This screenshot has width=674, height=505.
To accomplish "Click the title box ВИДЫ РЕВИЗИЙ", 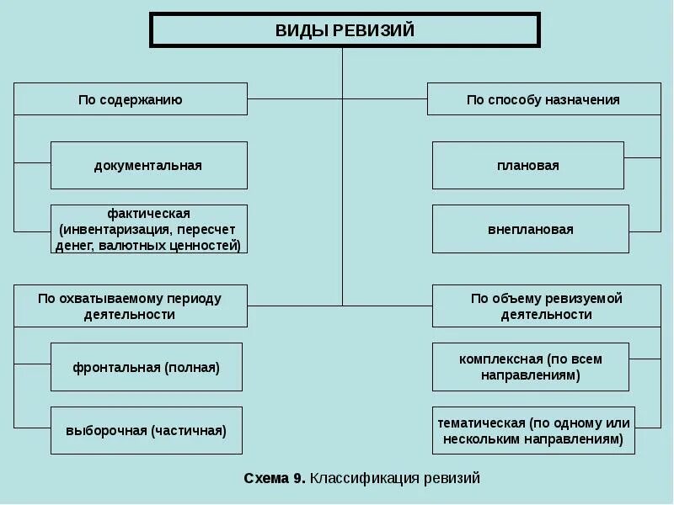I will (345, 30).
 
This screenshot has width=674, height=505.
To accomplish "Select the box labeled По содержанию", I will (131, 99).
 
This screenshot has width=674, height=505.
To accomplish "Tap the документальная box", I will (148, 166).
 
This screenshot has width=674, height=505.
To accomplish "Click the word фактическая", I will (148, 214).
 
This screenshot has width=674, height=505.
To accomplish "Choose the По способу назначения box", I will (543, 99).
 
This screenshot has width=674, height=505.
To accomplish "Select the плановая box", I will (528, 166).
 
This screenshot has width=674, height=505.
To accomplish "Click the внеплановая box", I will (530, 229).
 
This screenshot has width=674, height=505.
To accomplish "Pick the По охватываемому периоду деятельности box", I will (131, 306).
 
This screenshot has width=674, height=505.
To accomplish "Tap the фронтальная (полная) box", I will (147, 367).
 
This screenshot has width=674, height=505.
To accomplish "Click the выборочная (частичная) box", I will (147, 430).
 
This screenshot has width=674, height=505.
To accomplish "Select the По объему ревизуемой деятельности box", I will (546, 306).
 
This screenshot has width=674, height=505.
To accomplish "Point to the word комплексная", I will (500, 359).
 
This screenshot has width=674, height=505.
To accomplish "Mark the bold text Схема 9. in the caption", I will (275, 478).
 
